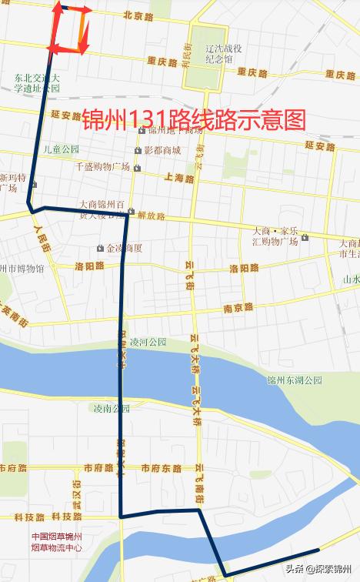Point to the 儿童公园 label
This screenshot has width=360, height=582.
62,149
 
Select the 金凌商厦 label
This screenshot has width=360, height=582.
124,248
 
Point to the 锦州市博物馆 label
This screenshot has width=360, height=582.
22,269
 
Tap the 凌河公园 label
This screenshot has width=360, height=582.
148,342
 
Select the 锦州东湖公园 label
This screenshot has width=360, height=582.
295,379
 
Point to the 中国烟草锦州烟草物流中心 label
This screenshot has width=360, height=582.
57,542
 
